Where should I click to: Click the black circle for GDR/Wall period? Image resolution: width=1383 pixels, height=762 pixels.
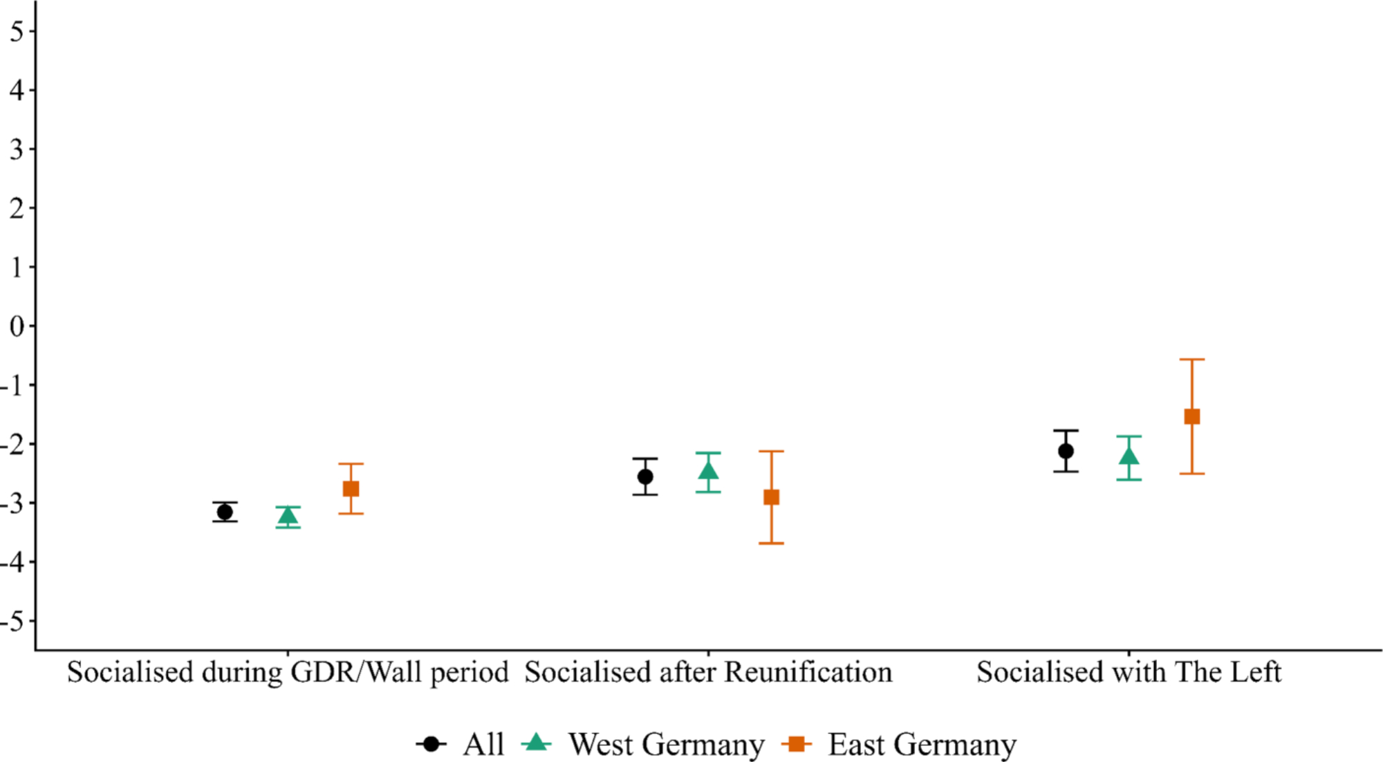click(225, 512)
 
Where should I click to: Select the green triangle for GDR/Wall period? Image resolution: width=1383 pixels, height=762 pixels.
click(288, 516)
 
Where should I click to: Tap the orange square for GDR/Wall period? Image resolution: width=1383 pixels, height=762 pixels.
click(351, 489)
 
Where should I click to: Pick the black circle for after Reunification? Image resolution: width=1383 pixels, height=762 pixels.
click(645, 476)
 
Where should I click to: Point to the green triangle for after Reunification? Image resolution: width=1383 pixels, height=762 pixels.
click(708, 472)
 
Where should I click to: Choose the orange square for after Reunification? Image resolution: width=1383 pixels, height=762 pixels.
click(771, 497)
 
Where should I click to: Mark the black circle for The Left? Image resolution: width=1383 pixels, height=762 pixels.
click(1066, 451)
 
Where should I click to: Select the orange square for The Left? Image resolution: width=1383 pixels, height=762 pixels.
click(1192, 416)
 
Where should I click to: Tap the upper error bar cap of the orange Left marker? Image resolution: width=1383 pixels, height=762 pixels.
click(1192, 360)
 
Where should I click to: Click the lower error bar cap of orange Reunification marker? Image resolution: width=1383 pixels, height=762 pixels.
click(771, 543)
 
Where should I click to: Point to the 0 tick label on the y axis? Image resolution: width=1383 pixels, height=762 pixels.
click(17, 326)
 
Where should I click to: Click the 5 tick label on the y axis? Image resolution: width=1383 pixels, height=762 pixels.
click(17, 31)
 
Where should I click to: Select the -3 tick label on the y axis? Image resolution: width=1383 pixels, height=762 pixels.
click(12, 503)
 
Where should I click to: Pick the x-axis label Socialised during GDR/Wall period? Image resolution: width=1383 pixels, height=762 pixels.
click(288, 672)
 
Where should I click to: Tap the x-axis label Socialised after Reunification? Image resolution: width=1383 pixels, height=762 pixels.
click(708, 672)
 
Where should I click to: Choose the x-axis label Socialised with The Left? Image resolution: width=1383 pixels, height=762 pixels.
click(1129, 672)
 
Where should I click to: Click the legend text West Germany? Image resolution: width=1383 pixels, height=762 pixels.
click(667, 745)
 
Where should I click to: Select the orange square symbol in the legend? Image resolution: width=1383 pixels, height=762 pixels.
click(797, 744)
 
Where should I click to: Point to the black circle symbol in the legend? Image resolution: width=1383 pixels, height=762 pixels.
click(431, 744)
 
